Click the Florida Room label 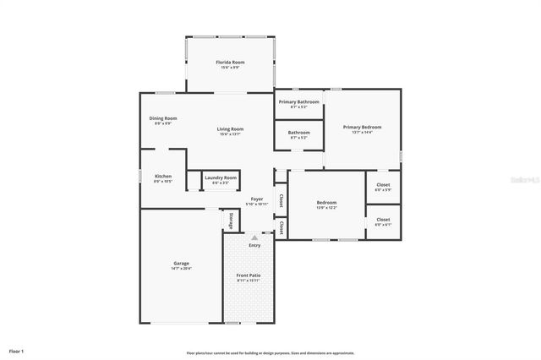point(230,63)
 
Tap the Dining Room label point(163,118)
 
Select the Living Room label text point(230,128)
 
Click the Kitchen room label point(163,176)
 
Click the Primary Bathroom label point(299,101)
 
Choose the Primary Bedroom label point(363,127)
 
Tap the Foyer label point(256,199)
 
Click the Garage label point(181,263)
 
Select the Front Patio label point(248,275)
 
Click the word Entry point(254,245)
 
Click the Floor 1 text point(17,350)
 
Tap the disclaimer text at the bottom point(270,352)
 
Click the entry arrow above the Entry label point(254,237)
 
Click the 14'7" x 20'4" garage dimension point(181,269)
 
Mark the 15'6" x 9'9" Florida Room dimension point(230,68)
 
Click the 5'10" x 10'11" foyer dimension point(256,205)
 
